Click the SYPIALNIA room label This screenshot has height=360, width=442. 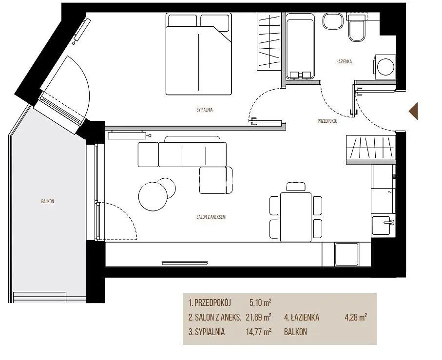click(x=204, y=110)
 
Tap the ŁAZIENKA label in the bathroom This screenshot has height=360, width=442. click(x=344, y=61)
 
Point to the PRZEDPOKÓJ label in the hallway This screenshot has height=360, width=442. click(x=327, y=121)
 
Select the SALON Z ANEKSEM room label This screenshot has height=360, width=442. click(x=211, y=217)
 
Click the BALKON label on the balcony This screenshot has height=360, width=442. click(x=47, y=201)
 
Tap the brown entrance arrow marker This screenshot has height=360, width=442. click(x=413, y=111)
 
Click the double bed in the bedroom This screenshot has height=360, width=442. click(x=199, y=54)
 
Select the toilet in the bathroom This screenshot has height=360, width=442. click(x=357, y=28)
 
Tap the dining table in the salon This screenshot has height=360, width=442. click(x=296, y=217)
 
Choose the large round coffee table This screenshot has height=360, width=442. click(x=153, y=197)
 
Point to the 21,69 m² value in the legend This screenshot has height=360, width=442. click(x=258, y=318)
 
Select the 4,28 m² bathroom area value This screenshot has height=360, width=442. click(x=356, y=318)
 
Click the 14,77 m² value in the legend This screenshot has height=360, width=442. click(x=258, y=332)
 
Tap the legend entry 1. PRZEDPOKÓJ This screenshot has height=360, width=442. click(x=210, y=303)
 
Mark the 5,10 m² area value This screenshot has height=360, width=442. click(x=260, y=303)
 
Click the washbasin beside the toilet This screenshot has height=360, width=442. click(x=333, y=21)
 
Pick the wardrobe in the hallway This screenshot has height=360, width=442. click(x=371, y=150)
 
